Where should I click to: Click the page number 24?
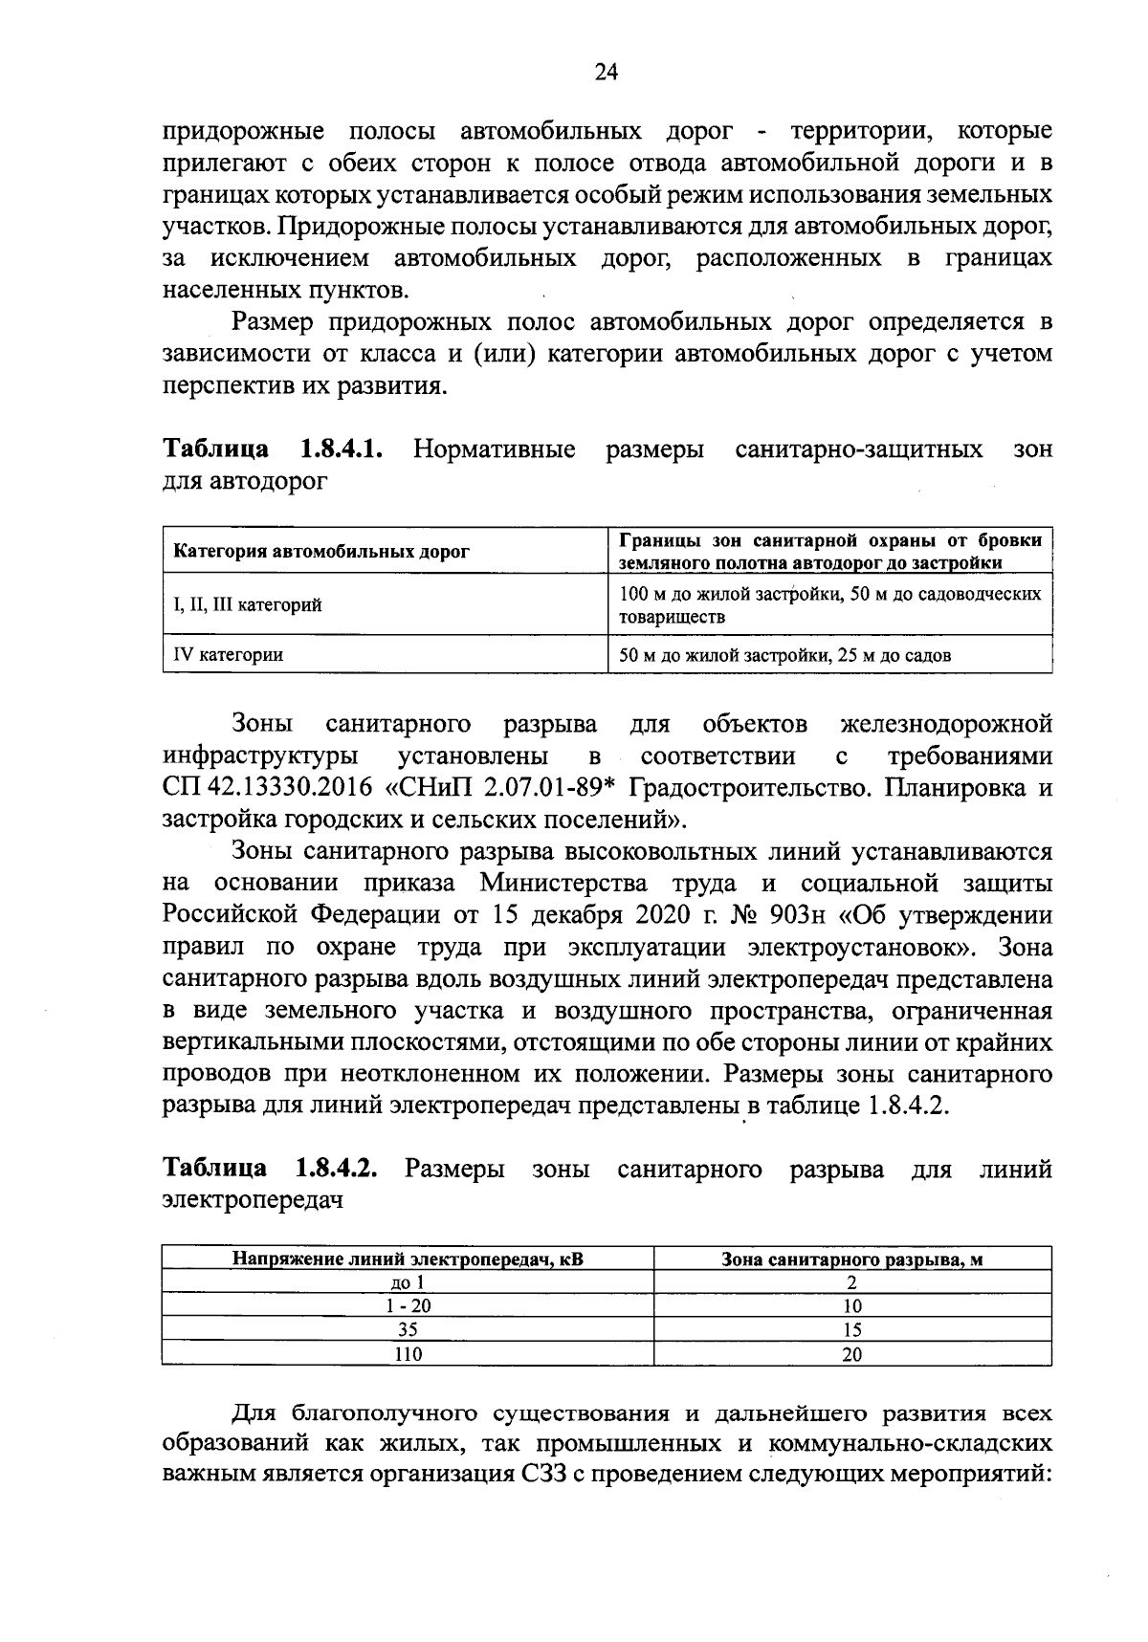pos(607,73)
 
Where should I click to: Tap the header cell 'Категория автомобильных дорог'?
pos(321,552)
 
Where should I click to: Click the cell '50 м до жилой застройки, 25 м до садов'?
pos(785,655)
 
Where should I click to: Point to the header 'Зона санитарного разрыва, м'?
pos(851,1259)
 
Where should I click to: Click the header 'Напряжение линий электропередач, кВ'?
pos(408,1259)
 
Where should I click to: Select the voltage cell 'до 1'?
pos(408,1283)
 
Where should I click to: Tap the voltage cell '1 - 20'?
pos(408,1306)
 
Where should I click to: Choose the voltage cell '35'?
pos(408,1329)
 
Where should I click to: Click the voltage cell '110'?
pos(408,1353)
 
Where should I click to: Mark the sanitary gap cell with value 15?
pos(851,1329)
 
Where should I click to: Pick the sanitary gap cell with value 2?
pos(851,1283)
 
